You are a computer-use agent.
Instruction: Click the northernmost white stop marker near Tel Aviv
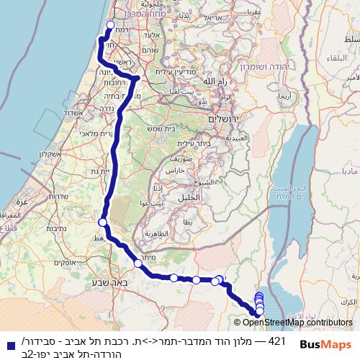point(110,26)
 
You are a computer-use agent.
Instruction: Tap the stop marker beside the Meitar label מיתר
point(138,264)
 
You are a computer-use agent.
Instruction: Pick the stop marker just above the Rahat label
point(103,222)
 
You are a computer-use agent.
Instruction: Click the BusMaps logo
point(324,343)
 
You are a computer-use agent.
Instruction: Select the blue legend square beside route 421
point(8,344)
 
